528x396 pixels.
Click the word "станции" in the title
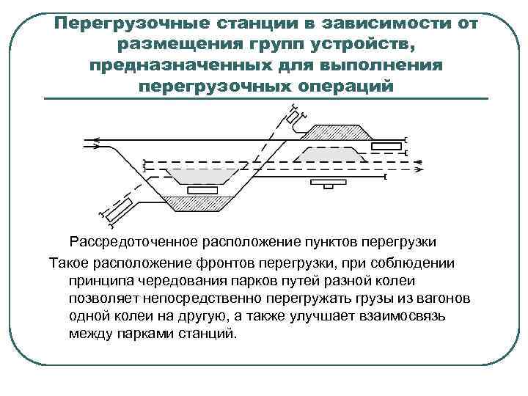click(x=221, y=23)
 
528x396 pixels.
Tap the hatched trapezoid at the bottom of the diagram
click(x=197, y=202)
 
